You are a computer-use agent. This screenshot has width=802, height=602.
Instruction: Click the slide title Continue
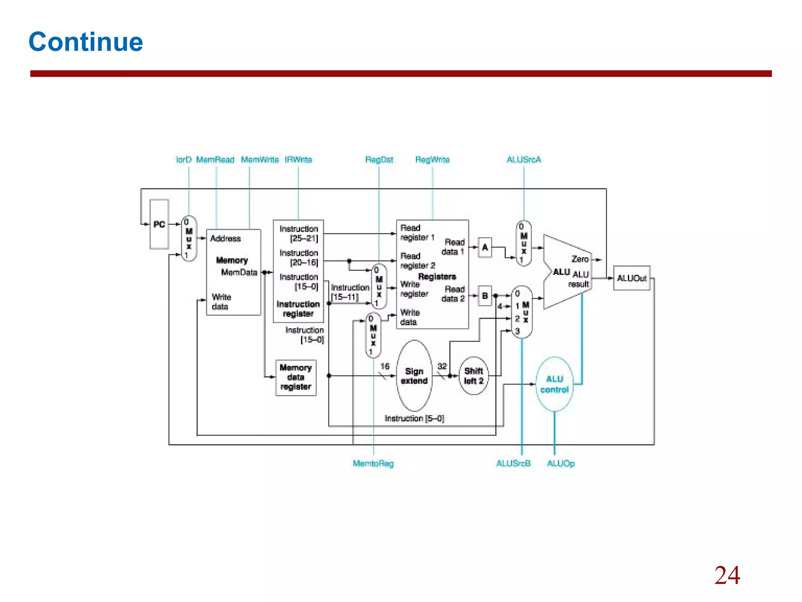click(x=86, y=42)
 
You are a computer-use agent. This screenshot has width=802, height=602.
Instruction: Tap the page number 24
click(x=727, y=575)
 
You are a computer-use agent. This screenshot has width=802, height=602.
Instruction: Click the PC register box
click(x=159, y=224)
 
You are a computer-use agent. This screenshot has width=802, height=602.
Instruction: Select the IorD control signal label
click(x=183, y=160)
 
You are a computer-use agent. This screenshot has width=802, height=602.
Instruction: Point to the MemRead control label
click(x=215, y=160)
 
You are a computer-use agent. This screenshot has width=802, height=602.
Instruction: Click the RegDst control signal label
click(x=379, y=160)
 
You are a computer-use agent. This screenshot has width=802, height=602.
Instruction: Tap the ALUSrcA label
click(x=524, y=160)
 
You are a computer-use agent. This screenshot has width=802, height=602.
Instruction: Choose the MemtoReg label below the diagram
click(x=373, y=463)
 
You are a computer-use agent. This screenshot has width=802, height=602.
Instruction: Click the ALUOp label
click(x=561, y=463)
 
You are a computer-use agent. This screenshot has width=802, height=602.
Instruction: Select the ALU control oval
click(x=554, y=384)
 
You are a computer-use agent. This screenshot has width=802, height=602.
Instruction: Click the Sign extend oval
click(x=414, y=376)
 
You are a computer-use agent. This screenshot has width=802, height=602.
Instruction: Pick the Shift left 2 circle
click(x=473, y=376)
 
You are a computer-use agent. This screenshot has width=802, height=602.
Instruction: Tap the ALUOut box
click(x=631, y=278)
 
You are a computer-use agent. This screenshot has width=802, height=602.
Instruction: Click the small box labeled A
click(x=485, y=247)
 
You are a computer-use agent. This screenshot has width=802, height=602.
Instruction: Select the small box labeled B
click(x=485, y=296)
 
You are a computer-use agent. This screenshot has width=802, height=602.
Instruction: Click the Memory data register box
click(x=296, y=377)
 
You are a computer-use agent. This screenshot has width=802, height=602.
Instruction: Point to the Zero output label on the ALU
click(x=580, y=259)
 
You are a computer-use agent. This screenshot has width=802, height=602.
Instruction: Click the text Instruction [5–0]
click(x=414, y=419)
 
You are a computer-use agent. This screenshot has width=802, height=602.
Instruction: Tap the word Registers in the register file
click(x=437, y=277)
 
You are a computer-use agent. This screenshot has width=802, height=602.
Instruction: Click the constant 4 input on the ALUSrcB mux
click(x=500, y=306)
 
